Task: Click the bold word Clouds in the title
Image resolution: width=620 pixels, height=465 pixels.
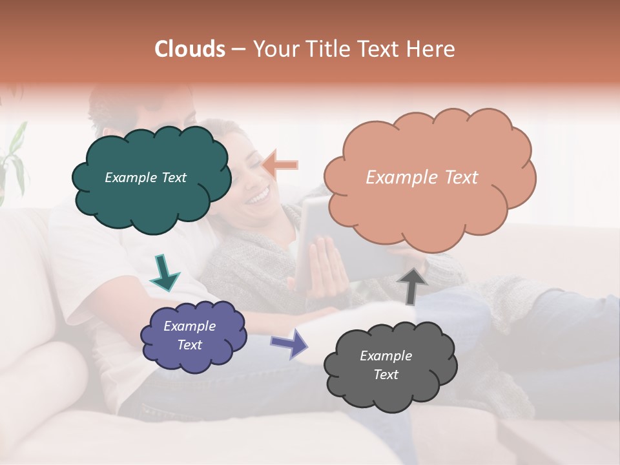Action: click(x=190, y=49)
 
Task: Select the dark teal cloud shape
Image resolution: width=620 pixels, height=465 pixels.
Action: click(x=151, y=194)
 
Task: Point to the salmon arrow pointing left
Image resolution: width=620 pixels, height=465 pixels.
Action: click(x=280, y=165)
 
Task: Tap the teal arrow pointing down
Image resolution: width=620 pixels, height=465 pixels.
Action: click(x=164, y=272)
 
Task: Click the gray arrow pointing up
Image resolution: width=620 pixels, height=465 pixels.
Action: click(x=411, y=285)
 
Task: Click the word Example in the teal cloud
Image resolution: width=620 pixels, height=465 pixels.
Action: click(x=131, y=178)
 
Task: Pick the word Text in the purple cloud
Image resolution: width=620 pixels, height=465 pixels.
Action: click(x=190, y=345)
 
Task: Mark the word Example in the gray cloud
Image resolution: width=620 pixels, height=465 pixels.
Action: click(x=386, y=356)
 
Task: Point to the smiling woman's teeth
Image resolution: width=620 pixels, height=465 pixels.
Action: click(x=259, y=194)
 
